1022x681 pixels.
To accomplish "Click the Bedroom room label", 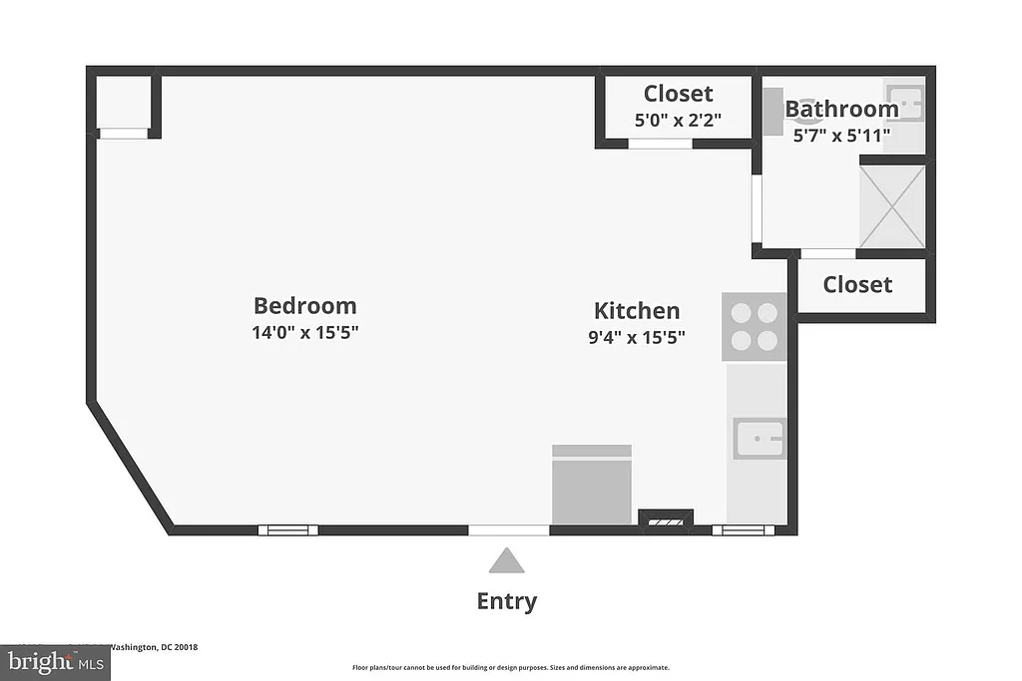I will click(304, 306).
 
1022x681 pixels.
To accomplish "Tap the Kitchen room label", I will click(637, 310).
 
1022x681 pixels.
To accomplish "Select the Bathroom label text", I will click(841, 109).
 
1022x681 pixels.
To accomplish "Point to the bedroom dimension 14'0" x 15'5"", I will click(304, 333).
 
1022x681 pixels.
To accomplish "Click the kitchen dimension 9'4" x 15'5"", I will click(637, 337).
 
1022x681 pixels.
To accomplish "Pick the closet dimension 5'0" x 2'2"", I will click(678, 120).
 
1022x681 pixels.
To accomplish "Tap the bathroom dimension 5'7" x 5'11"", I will click(841, 134).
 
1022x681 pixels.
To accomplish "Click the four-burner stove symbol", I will click(755, 326).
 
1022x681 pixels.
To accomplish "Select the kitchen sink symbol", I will click(760, 439).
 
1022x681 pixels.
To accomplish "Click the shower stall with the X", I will click(892, 206).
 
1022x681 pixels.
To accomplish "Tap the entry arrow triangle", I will click(506, 561).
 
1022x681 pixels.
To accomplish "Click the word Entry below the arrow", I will click(506, 601).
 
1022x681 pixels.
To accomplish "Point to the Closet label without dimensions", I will click(857, 285).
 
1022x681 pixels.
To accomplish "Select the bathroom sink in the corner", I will click(905, 104).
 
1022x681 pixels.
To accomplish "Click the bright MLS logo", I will click(54, 661).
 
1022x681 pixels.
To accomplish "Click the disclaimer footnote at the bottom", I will click(510, 668).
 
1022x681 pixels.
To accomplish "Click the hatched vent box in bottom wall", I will click(665, 519).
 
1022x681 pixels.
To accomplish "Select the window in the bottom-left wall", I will click(288, 529).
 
